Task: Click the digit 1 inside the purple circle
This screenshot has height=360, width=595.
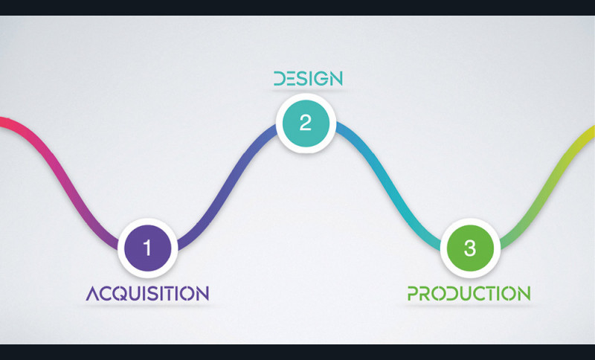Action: [147, 248]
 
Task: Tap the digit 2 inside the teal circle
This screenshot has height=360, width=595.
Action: [306, 123]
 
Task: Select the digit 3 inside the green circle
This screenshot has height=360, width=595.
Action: [470, 248]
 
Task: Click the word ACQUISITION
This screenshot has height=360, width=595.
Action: [147, 293]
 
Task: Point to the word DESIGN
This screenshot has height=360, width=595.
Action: [308, 79]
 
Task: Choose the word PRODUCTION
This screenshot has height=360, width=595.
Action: [469, 293]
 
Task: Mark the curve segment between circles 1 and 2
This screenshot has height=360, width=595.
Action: [227, 187]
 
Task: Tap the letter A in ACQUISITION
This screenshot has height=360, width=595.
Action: [94, 293]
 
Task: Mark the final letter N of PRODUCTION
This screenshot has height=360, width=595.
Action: [524, 293]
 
